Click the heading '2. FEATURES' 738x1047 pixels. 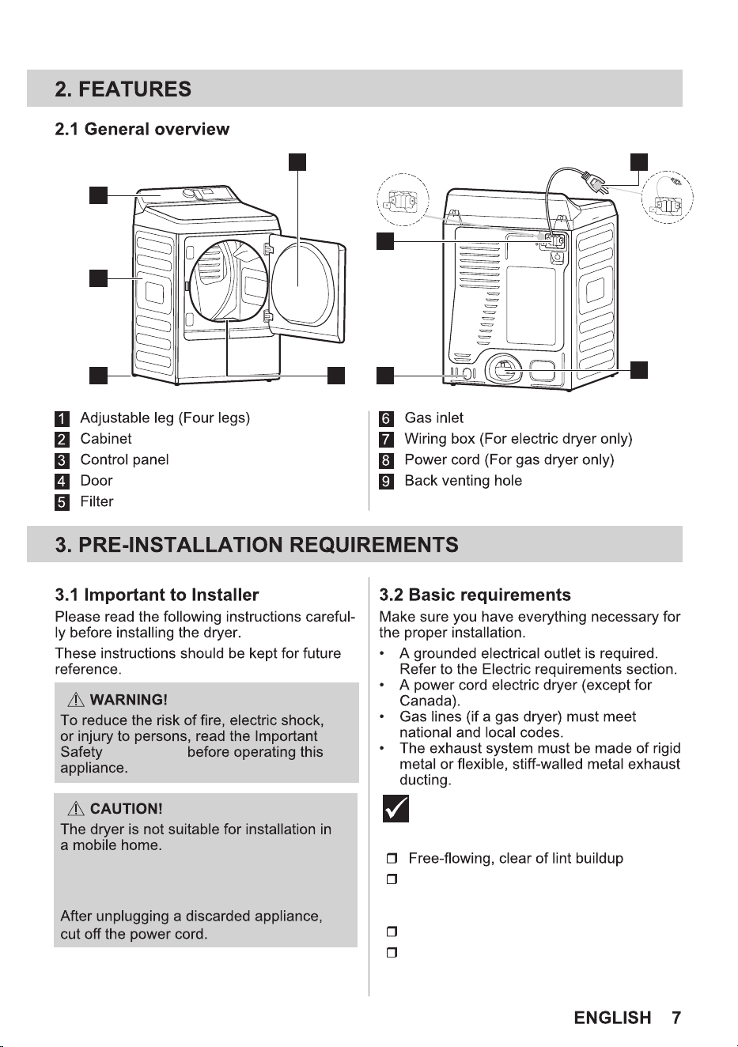pos(123,89)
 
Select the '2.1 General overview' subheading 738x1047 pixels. pos(142,129)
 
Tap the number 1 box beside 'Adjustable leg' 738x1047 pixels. pos(62,419)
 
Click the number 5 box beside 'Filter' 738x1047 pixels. pos(62,502)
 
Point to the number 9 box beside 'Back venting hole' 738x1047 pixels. pos(386,482)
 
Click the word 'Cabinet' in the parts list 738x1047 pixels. pos(106,438)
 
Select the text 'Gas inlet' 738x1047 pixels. pos(433,418)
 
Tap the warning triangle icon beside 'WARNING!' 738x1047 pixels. pos(76,700)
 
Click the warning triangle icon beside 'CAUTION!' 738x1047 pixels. pos(76,808)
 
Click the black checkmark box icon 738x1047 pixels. pos(395,808)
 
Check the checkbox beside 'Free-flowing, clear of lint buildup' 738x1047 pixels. pos(392,859)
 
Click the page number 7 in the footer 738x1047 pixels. pos(676,1018)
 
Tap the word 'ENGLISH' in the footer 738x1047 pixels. pos(612,1018)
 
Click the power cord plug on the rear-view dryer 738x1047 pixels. pos(593,183)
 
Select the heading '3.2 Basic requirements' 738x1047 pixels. pos(475,595)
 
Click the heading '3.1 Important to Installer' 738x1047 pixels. pos(157,595)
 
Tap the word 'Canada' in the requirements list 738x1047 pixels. pos(427,701)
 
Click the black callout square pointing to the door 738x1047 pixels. pos(297,162)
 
